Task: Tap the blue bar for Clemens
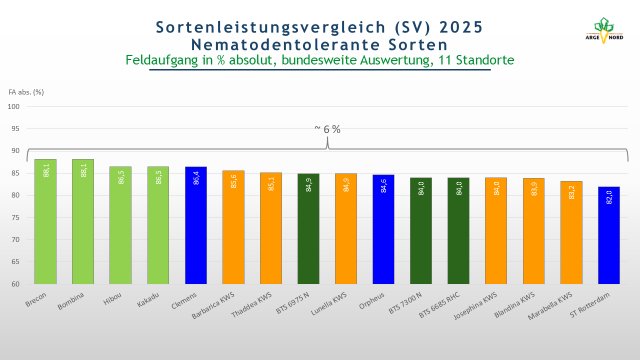tap(195, 225)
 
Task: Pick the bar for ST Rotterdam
tap(608, 235)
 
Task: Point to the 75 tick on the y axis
tap(15, 217)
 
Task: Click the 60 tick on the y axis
tap(15, 284)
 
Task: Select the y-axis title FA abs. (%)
tap(26, 92)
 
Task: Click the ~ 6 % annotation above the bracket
tap(327, 129)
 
